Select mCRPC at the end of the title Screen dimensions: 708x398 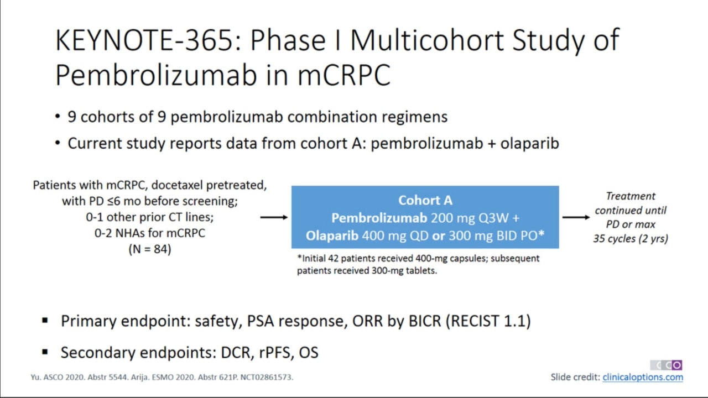pos(344,75)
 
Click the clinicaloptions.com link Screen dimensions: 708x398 pos(643,377)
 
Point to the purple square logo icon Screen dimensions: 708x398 pos(676,365)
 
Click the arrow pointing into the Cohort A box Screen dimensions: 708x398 pos(274,217)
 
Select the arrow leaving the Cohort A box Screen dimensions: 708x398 pos(576,217)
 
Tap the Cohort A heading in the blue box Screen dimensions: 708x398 pos(425,200)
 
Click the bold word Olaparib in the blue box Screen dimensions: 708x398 pos(332,235)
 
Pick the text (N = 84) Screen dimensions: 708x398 pos(150,249)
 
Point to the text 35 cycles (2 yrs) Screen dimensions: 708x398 pos(631,238)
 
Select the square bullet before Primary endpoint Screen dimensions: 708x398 pos(45,321)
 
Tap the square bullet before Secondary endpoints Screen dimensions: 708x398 pos(45,352)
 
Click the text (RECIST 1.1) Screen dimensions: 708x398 pos(488,321)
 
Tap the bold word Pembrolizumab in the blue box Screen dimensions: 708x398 pos(379,218)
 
